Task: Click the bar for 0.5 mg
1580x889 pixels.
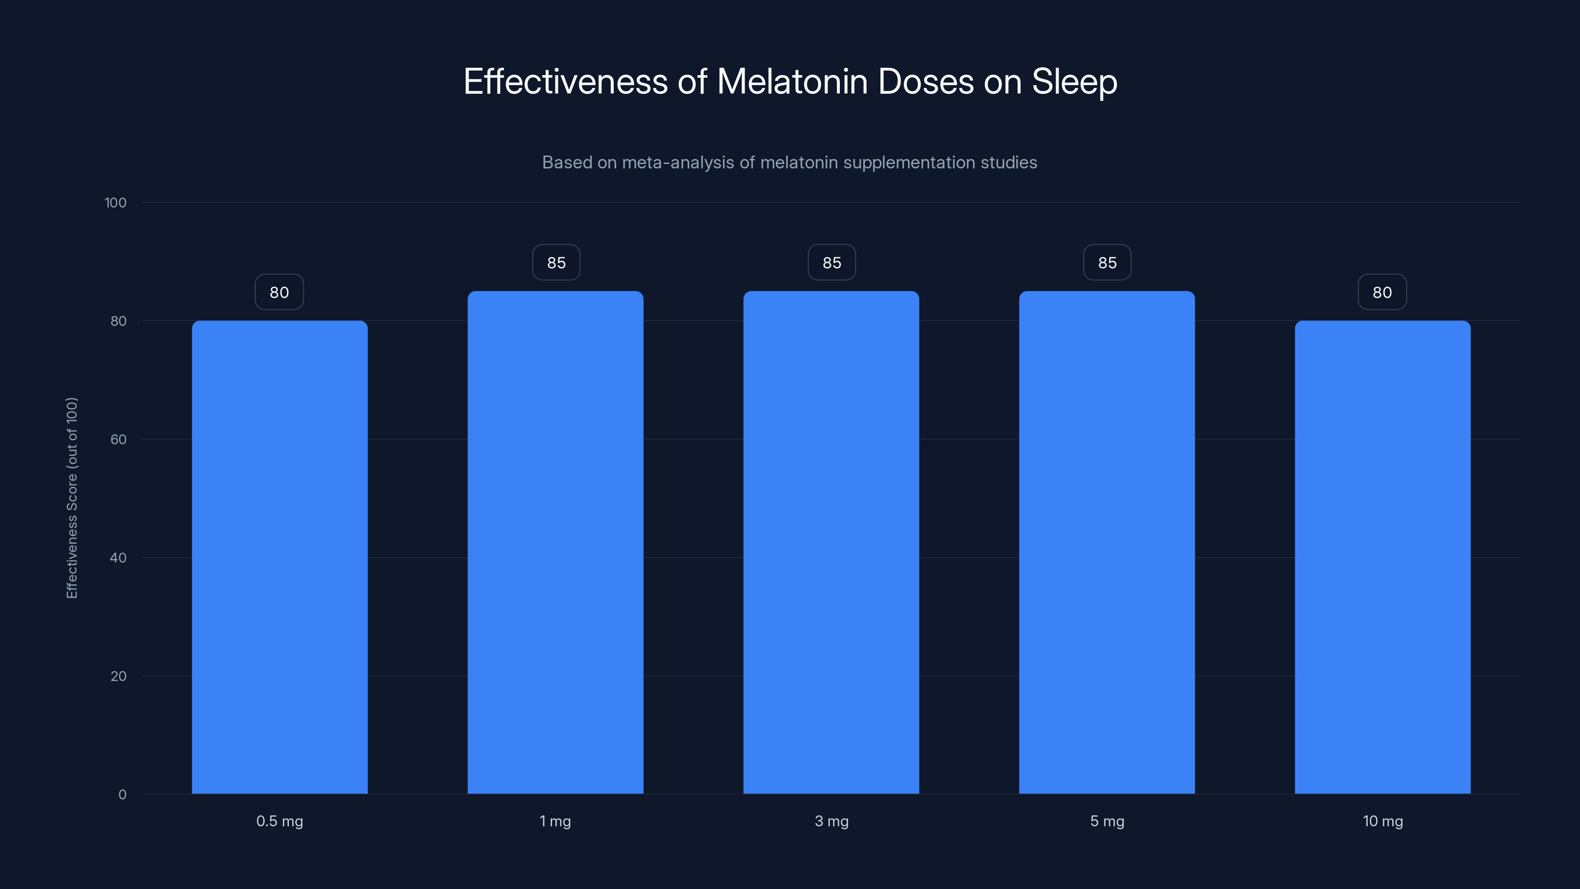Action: click(279, 557)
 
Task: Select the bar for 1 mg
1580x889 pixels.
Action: click(555, 542)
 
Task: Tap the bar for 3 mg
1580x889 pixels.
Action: click(831, 542)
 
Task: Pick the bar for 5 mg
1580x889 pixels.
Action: click(1106, 542)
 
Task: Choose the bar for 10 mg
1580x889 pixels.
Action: click(1382, 557)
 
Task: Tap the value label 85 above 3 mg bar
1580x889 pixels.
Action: click(831, 263)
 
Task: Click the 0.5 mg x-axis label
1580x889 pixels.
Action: click(279, 821)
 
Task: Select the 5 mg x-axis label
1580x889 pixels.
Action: click(1107, 821)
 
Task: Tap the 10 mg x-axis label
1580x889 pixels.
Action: click(1382, 821)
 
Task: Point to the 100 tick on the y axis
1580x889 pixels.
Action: click(116, 202)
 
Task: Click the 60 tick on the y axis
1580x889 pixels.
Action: click(118, 439)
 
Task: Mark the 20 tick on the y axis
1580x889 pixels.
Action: click(118, 676)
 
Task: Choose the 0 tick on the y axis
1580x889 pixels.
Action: click(122, 795)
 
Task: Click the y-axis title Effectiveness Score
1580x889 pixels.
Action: click(72, 497)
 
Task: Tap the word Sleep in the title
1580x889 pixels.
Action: click(1074, 81)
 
